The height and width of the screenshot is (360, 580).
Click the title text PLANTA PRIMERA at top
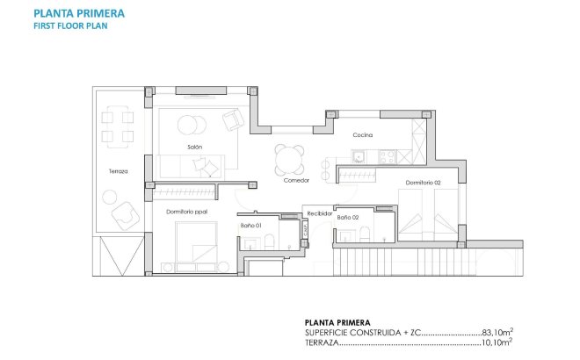pos(78,14)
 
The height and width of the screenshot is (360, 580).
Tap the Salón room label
pos(195,147)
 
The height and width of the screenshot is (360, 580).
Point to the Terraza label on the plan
pos(119,171)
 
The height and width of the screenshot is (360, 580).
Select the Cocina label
pos(363,135)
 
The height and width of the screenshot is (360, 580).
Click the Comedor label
pos(296,180)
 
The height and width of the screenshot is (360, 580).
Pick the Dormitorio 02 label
pos(423,183)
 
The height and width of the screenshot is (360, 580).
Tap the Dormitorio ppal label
pos(185,212)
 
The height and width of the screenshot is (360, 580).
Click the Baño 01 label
pos(251,225)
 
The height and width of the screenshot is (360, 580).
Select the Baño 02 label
pos(349,216)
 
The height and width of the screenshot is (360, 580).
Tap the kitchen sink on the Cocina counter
pos(359,158)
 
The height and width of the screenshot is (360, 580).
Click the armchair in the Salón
pos(233,119)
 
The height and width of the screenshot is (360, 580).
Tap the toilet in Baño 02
pos(363,234)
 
